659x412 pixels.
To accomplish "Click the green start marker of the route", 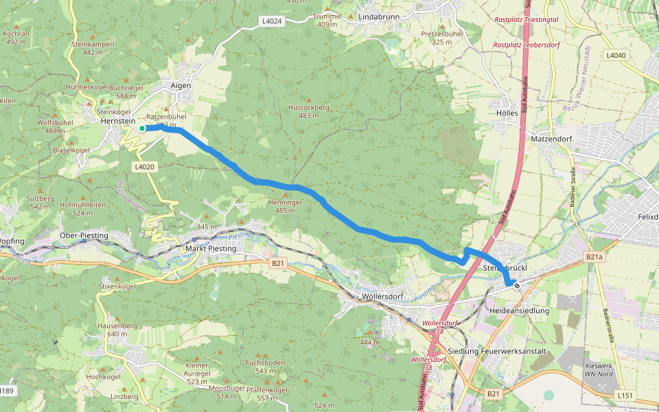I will (142, 128).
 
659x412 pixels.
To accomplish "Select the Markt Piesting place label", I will (211, 249).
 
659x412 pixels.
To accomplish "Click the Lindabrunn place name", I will (374, 16).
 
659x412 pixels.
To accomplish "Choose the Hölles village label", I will (507, 113).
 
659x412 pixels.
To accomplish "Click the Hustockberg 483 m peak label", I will (309, 112).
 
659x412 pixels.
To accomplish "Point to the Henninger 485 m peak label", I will (286, 207).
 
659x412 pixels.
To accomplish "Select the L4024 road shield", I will (273, 21).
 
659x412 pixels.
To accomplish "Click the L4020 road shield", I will (146, 166).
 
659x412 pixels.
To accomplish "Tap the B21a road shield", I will (594, 256).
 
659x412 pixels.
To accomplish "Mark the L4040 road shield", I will (616, 55).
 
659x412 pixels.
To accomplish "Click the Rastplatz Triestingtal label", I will (527, 20).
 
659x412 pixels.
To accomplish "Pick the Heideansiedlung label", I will (520, 311).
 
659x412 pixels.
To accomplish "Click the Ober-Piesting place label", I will (84, 236).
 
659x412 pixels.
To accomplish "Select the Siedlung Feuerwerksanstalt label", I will (496, 352).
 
